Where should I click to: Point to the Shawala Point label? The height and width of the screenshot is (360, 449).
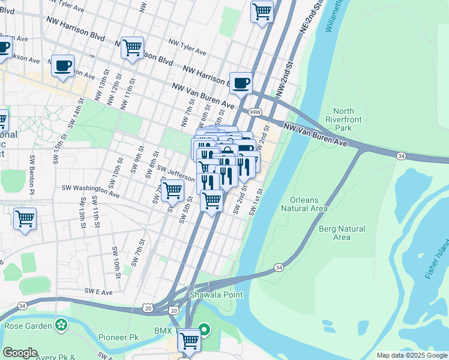pos(216,295)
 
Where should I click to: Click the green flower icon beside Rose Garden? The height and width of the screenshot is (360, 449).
pos(61,326)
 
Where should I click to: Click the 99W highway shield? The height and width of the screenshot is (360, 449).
pos(255,112)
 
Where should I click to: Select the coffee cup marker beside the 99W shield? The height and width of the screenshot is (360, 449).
pos(241,83)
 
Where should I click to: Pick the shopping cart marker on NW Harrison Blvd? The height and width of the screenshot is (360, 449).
pos(132,48)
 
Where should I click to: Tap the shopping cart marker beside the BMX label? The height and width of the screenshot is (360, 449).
pos(189,341)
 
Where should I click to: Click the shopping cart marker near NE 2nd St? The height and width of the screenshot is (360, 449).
pos(262,11)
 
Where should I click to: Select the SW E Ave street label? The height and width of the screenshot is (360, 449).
pos(98,292)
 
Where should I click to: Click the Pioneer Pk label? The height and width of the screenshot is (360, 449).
pos(119,338)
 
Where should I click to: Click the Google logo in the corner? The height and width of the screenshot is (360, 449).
pos(19,352)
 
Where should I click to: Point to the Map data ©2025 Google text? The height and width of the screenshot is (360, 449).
pos(411,355)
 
